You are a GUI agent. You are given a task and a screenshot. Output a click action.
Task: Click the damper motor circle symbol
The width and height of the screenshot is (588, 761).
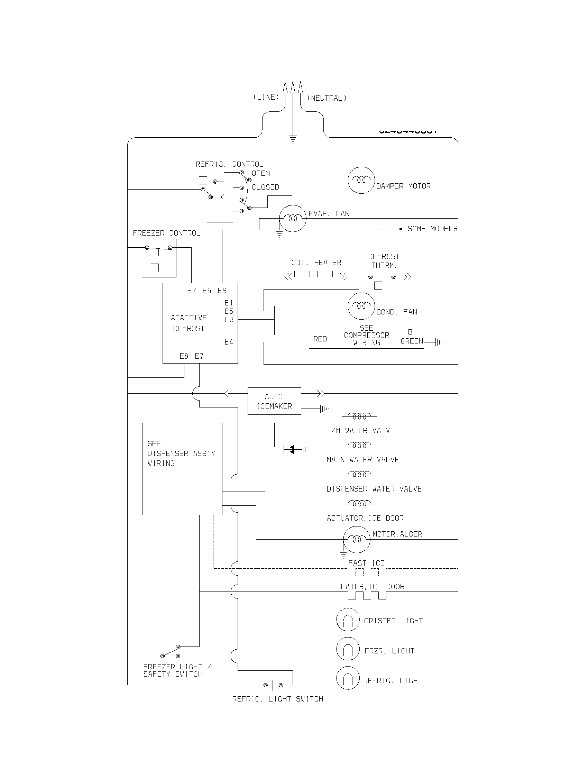361,180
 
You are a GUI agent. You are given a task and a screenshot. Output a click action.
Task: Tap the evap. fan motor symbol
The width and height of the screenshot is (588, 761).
293,219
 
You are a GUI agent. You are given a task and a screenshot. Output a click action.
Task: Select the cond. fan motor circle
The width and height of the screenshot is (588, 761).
361,306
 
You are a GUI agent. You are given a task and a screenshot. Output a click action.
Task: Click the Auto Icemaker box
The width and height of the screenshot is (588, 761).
274,401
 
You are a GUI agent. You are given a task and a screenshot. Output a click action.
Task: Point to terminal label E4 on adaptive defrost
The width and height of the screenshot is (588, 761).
229,342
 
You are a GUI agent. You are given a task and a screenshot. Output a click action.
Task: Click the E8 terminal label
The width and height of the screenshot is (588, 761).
184,356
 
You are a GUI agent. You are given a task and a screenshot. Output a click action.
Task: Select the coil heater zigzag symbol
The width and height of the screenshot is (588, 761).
316,275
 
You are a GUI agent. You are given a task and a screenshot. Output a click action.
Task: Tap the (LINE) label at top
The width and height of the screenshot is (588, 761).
266,97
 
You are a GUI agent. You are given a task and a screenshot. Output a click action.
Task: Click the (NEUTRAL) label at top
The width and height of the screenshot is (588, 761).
327,98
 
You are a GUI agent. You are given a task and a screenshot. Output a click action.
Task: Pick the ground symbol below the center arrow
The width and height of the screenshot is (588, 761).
293,139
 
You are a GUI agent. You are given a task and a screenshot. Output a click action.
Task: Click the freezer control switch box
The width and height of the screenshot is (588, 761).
159,258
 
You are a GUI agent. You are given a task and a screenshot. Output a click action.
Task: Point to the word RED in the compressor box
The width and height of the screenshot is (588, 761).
320,339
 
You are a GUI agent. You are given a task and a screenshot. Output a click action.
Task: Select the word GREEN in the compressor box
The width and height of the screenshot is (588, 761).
412,341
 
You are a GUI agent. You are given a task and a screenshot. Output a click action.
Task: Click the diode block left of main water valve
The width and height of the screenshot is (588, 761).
293,449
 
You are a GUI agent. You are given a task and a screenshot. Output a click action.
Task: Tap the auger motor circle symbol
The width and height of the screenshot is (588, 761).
356,539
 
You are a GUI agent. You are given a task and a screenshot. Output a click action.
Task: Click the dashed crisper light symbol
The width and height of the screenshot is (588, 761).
348,620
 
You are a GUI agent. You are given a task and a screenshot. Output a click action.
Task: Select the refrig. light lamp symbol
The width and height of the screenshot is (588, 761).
348,678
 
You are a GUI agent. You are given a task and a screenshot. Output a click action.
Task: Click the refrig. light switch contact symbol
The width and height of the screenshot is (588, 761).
273,685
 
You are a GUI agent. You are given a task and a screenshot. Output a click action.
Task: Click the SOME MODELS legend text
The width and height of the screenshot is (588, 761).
432,229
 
